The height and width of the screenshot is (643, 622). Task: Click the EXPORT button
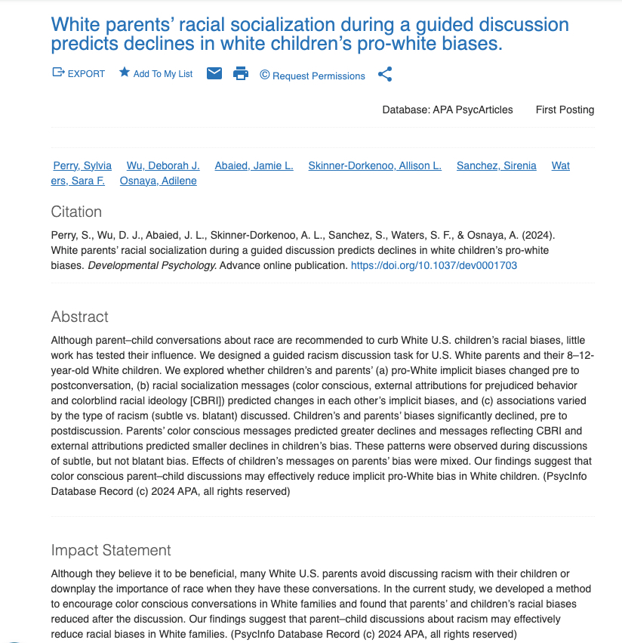tap(79, 74)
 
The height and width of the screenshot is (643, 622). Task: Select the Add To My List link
tap(155, 74)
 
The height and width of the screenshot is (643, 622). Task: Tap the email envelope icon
tap(214, 73)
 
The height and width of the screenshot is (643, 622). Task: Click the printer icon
tap(241, 73)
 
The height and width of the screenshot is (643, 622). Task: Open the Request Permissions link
tap(313, 76)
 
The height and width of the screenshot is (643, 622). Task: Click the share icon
tap(385, 74)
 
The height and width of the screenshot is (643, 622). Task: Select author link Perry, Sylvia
tap(82, 165)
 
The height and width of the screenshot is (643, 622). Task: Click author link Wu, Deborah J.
tap(163, 165)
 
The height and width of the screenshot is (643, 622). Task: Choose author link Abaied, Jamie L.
tap(254, 165)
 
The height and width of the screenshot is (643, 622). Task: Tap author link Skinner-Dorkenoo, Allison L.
tap(374, 165)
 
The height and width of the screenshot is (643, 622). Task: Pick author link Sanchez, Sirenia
tap(496, 165)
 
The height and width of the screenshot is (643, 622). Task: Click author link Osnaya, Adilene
tap(158, 181)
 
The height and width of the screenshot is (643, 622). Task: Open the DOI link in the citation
tap(434, 265)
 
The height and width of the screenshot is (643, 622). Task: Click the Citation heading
tap(76, 212)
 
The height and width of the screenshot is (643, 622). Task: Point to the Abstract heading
tap(80, 317)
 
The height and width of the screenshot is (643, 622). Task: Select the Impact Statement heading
tap(111, 550)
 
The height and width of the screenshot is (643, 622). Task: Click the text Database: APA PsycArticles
tap(447, 110)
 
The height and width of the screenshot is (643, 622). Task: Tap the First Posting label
tap(565, 110)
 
